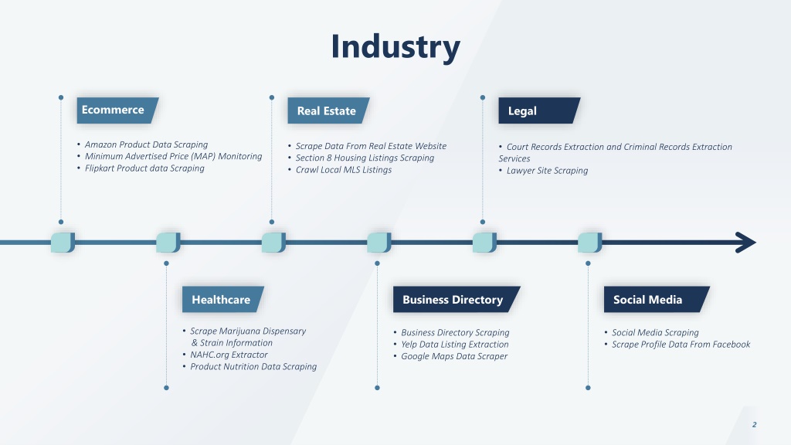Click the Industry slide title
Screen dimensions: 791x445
tap(395, 46)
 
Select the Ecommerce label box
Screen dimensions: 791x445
tap(117, 110)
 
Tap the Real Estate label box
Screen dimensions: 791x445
tap(328, 110)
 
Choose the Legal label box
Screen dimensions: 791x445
tap(539, 110)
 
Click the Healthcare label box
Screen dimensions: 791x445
tap(223, 299)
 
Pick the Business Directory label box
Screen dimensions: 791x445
tap(457, 299)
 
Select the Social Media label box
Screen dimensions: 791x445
tap(657, 299)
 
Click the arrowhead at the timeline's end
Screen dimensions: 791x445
tap(746, 242)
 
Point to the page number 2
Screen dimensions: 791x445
tap(754, 425)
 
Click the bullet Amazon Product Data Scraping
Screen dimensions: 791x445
tap(146, 144)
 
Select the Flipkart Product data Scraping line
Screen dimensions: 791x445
tap(144, 168)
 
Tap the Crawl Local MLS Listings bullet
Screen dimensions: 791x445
tap(344, 169)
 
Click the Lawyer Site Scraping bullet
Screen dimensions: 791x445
tap(548, 171)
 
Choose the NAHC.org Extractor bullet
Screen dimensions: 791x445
tap(229, 355)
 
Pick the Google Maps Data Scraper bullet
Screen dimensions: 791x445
tap(454, 356)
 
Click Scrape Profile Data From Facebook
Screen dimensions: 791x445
tap(681, 344)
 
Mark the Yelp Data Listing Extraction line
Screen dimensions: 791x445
tap(454, 344)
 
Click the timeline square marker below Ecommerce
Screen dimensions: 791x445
tap(63, 243)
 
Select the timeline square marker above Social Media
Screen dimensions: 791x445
tap(589, 243)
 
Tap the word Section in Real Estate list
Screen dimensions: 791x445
tap(310, 158)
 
